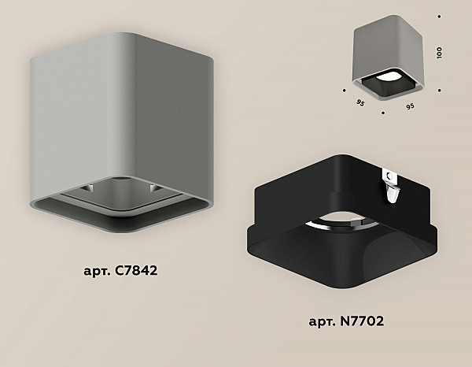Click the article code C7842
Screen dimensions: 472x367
(136, 270)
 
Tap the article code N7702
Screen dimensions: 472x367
(362, 321)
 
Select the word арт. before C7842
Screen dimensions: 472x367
(98, 271)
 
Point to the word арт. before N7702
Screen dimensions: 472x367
(323, 322)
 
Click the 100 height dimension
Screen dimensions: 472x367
(439, 53)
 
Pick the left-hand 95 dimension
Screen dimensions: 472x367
(360, 102)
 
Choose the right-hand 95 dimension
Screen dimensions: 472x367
(410, 106)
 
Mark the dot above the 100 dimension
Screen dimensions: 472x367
(440, 17)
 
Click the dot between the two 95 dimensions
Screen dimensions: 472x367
(383, 113)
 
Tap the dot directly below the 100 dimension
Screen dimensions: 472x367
(440, 90)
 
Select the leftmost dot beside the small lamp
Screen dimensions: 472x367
(345, 90)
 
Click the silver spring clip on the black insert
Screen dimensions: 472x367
(391, 186)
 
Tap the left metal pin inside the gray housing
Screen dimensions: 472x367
(90, 189)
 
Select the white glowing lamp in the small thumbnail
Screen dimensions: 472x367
(387, 77)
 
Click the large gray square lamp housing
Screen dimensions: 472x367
(122, 132)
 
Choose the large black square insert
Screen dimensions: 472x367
(342, 221)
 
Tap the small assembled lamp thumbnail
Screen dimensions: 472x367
(389, 57)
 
